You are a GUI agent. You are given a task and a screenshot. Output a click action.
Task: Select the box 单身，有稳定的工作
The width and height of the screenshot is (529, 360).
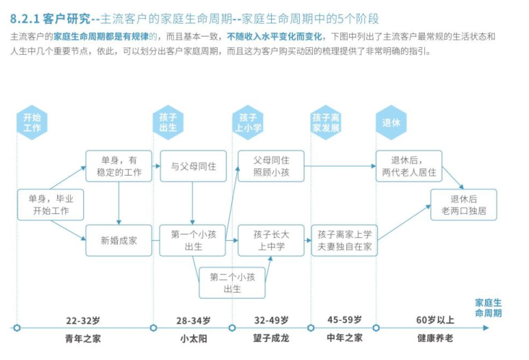(x=119, y=166)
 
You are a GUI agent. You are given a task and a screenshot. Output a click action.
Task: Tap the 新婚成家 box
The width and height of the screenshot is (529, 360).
(x=119, y=241)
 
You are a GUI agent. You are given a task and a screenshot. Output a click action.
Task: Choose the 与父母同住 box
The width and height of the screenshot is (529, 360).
(x=193, y=166)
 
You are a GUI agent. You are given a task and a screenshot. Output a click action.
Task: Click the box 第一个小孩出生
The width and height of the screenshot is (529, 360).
(x=193, y=241)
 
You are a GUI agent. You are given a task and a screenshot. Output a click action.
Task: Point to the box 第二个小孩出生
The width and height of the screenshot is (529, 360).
(x=232, y=283)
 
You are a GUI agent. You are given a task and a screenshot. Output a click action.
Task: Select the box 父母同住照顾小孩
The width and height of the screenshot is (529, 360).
(x=271, y=166)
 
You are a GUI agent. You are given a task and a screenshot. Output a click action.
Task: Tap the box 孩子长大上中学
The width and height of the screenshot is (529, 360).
(x=271, y=241)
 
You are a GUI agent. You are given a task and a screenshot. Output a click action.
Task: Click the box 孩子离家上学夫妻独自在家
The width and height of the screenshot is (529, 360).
(x=344, y=241)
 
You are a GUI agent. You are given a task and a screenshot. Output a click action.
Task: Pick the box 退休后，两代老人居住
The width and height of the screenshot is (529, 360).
(x=409, y=166)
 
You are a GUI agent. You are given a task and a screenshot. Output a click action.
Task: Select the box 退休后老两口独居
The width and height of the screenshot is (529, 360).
(x=464, y=205)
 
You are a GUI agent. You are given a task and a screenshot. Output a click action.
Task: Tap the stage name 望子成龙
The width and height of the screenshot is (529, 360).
(x=271, y=338)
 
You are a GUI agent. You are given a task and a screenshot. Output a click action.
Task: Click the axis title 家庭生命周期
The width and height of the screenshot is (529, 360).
(x=488, y=308)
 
